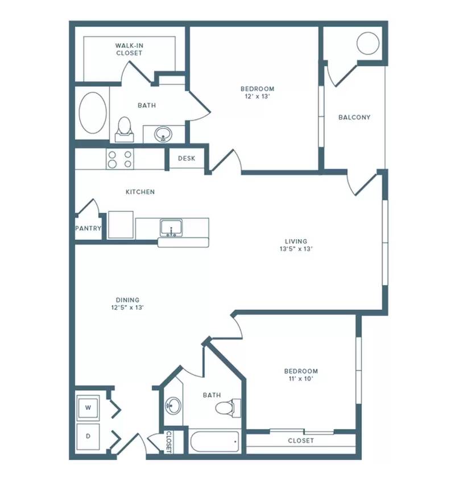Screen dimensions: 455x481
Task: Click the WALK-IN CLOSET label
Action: pos(129,49)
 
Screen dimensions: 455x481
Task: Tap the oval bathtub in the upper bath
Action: pos(93,112)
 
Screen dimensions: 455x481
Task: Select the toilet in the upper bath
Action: pos(124,129)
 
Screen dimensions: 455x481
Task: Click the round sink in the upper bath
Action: pos(163,134)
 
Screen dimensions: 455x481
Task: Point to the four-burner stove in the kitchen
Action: pos(120,159)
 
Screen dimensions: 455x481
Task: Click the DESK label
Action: pos(187,158)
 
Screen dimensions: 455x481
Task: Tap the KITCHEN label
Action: pos(140,192)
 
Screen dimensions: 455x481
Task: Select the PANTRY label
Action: pos(88,228)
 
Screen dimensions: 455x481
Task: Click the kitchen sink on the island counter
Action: pos(171,228)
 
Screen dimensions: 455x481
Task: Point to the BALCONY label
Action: pos(354,117)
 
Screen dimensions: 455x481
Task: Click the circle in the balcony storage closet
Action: pos(368,43)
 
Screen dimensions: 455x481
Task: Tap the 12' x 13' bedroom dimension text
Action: pos(257,97)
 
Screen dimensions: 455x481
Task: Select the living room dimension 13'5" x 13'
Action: pos(296,249)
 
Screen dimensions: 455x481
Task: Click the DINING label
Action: pos(127,300)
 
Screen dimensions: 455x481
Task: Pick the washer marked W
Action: pos(88,408)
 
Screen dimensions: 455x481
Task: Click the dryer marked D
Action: pos(88,437)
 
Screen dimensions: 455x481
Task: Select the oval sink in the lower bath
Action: pos(173,406)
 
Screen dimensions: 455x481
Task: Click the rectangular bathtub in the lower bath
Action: pos(214,441)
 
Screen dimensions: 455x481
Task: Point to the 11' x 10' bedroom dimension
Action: pos(301,379)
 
